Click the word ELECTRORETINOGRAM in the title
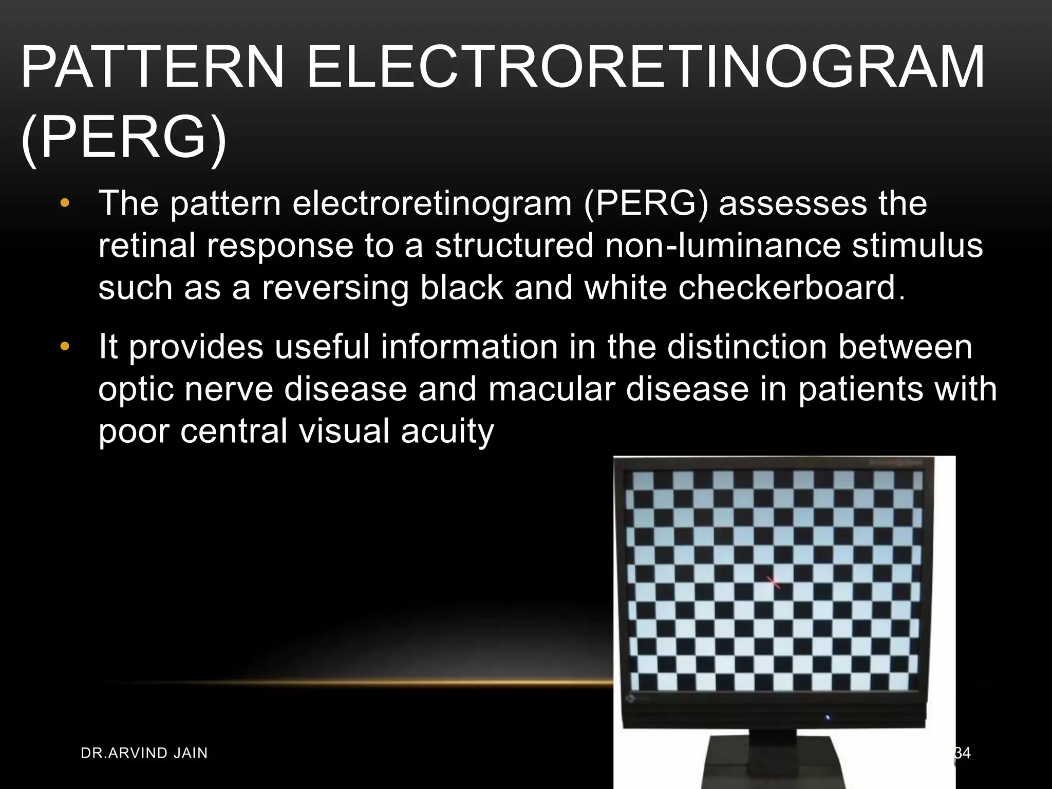tap(645, 67)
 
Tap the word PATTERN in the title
tap(152, 67)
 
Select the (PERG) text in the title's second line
tap(123, 138)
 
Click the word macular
tap(552, 389)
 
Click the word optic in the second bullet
tap(136, 390)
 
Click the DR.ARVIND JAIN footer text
tap(144, 753)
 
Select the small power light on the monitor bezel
tap(827, 717)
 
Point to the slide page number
tap(963, 753)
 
